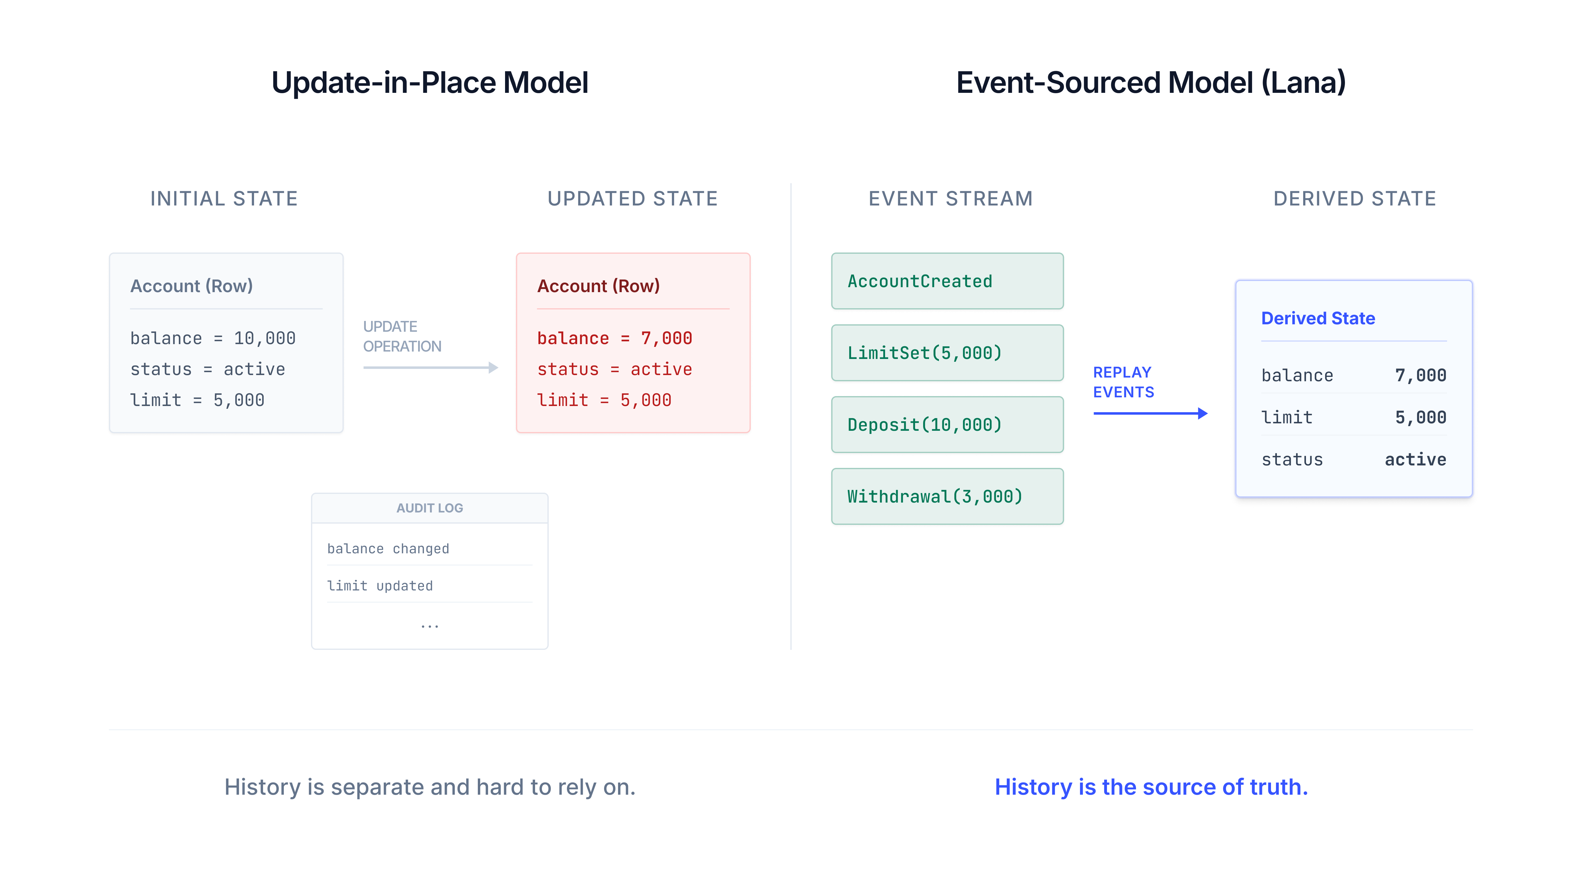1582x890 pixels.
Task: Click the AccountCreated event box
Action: click(x=947, y=281)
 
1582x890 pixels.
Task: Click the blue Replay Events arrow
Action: click(x=1150, y=413)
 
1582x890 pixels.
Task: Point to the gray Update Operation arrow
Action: click(x=430, y=367)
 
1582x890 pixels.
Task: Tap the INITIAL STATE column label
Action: click(x=224, y=198)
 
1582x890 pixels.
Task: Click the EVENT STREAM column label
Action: click(x=950, y=198)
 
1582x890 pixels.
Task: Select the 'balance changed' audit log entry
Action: click(x=388, y=548)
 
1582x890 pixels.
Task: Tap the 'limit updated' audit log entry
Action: click(x=380, y=586)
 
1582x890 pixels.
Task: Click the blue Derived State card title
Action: click(x=1318, y=318)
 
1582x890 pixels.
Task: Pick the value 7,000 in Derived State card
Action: click(x=1420, y=375)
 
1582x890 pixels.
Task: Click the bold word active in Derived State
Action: click(x=1415, y=460)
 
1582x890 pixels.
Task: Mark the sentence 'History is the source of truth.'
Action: click(x=1151, y=787)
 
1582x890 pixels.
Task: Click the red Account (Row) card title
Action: click(x=598, y=286)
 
